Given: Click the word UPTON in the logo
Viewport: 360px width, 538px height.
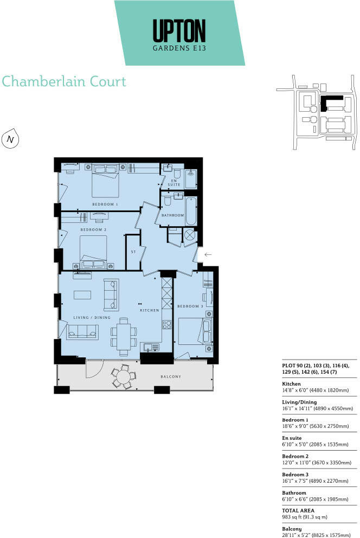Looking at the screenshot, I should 179,30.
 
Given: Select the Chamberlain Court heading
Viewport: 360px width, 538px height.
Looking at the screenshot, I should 64,82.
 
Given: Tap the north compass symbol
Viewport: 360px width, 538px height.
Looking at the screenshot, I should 10,139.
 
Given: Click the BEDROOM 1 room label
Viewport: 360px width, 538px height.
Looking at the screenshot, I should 105,204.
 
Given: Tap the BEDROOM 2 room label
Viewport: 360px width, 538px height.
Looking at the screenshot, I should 93,230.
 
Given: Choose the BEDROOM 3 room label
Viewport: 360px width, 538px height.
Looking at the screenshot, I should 190,306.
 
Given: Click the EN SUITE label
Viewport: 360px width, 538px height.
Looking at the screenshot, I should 174,183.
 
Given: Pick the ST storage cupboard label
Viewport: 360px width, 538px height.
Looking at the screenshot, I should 133,252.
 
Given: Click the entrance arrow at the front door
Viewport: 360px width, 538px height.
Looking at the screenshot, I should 208,254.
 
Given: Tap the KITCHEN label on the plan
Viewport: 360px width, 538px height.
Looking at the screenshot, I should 149,310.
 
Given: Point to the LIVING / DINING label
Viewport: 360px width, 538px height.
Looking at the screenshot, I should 92,317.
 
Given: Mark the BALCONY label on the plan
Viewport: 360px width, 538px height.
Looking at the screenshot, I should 175,376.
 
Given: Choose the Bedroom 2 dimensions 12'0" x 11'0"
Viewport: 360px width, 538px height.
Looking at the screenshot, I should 317,463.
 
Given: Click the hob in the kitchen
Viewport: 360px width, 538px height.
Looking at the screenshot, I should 166,325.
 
